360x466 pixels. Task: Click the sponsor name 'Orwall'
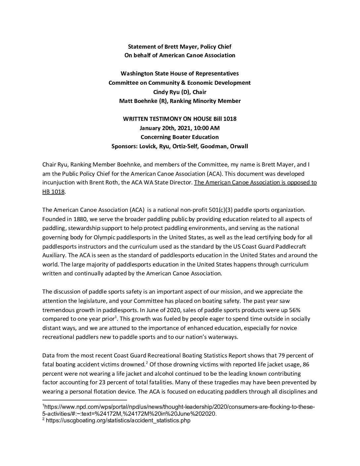pyautogui.click(x=238, y=146)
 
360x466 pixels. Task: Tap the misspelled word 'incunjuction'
pyautogui.click(x=58, y=182)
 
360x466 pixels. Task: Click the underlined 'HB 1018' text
pyautogui.click(x=53, y=192)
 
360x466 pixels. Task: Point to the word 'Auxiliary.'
pyautogui.click(x=55, y=256)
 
